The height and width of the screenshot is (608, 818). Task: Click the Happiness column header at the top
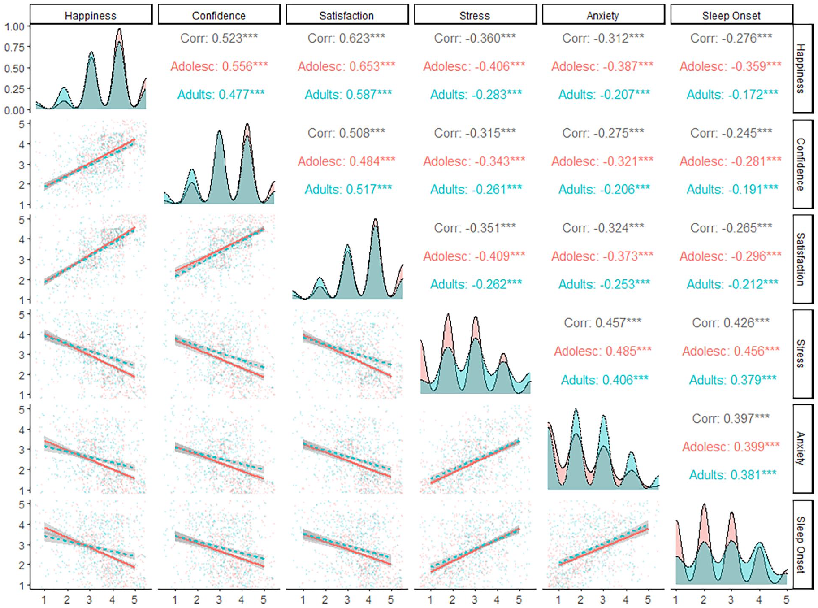[91, 16]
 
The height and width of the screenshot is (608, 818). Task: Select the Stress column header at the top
[475, 16]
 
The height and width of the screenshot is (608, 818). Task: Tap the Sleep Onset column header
[731, 16]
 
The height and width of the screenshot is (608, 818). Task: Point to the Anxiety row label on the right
[801, 448]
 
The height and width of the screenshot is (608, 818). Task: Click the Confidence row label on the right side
[801, 164]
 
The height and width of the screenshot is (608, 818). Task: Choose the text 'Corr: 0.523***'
[219, 39]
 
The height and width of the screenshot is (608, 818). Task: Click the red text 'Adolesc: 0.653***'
[346, 67]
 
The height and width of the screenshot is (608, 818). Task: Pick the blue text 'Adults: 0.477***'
[221, 95]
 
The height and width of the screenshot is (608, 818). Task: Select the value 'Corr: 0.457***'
[603, 323]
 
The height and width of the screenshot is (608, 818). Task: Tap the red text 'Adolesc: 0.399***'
[731, 447]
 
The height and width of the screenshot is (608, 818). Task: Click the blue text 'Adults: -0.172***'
[732, 95]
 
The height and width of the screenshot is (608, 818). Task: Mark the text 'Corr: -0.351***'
[475, 228]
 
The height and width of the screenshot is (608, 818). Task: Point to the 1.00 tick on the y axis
[14, 26]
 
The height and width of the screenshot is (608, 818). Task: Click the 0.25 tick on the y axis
[14, 89]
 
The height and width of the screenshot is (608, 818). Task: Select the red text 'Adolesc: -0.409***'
[474, 256]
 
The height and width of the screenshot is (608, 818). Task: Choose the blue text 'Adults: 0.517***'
[348, 189]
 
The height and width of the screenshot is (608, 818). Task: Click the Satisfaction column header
[346, 16]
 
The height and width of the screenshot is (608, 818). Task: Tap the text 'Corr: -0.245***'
[731, 133]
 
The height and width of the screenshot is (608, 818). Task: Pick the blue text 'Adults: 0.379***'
[732, 380]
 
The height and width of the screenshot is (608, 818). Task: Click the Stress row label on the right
[801, 354]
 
